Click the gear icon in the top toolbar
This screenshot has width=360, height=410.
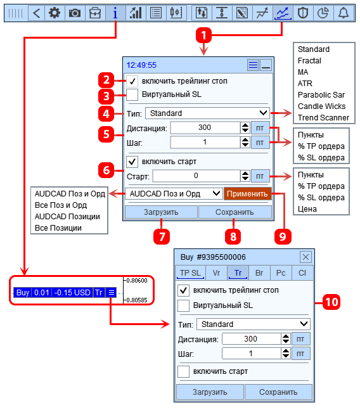[x=55, y=13]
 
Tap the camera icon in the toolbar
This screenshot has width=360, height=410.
[x=75, y=13]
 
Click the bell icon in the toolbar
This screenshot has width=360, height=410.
[x=344, y=13]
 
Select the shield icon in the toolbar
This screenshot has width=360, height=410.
[x=303, y=13]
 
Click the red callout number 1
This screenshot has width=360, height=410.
[x=203, y=35]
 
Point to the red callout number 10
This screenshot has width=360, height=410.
[x=331, y=302]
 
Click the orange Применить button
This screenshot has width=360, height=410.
[x=247, y=194]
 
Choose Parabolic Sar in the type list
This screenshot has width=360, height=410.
[x=321, y=95]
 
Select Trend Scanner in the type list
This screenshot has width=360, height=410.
[x=323, y=118]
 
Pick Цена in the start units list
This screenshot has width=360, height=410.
[x=307, y=209]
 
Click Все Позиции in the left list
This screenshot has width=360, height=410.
[x=58, y=228]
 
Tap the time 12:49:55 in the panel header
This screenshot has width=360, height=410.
[x=141, y=65]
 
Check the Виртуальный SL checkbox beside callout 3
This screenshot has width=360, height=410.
[x=132, y=94]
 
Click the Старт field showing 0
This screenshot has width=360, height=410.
[x=196, y=176]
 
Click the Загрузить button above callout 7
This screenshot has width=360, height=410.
[x=161, y=212]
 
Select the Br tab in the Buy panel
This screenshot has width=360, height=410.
[x=259, y=273]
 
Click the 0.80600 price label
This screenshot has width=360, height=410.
[x=137, y=281]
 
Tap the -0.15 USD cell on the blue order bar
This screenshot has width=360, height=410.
[x=72, y=292]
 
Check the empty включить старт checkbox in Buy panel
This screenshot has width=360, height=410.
[x=183, y=371]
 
